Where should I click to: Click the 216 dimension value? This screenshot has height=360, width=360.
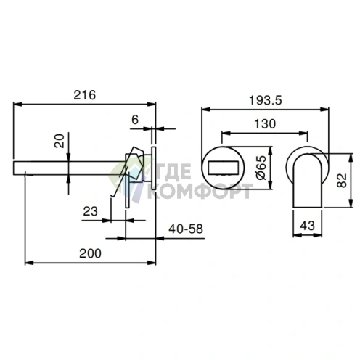(85, 95)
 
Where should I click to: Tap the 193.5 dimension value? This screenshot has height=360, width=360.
(266, 100)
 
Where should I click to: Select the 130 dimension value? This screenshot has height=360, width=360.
(265, 124)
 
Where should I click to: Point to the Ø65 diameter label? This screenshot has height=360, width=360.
(261, 168)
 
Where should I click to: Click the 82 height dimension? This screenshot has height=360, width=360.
(342, 180)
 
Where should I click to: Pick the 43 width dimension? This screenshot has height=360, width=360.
(307, 226)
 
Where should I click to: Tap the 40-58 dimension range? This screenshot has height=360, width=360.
(186, 229)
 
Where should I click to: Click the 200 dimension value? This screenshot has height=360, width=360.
(90, 253)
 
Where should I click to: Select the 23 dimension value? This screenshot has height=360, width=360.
(91, 211)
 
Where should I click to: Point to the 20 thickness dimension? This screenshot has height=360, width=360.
(60, 141)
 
